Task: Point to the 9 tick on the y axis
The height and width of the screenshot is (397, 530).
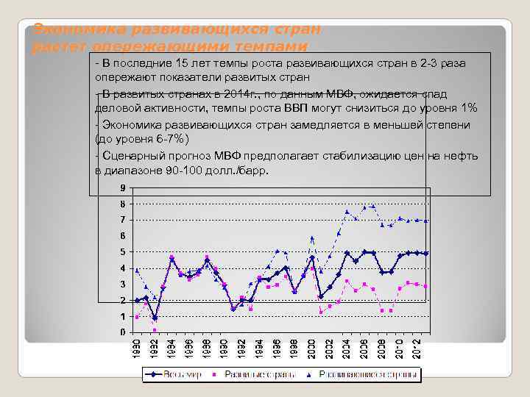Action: (122, 187)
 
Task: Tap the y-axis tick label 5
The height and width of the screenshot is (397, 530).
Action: (122, 252)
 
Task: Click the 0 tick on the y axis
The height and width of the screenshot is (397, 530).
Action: (122, 332)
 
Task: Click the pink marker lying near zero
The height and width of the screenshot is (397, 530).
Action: (155, 330)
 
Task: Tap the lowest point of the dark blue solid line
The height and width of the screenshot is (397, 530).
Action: (155, 318)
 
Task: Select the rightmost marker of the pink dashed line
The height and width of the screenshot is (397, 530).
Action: (425, 286)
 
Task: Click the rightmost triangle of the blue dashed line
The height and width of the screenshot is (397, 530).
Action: (425, 221)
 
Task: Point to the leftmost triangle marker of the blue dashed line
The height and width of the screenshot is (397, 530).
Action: (137, 270)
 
